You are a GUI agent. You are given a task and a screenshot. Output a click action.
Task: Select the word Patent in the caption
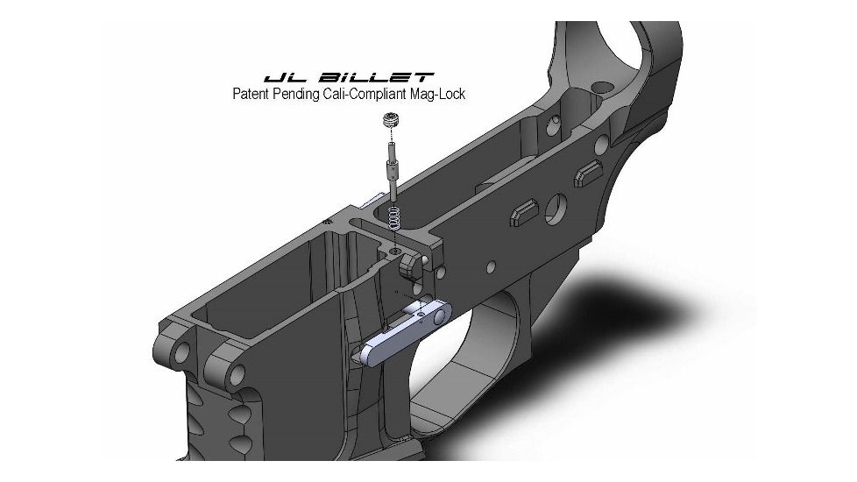(x=251, y=95)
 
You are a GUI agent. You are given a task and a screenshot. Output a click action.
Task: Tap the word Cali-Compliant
(x=377, y=95)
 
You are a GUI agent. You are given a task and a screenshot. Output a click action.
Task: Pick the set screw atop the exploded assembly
(x=390, y=124)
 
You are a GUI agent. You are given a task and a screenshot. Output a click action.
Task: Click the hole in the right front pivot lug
(x=235, y=376)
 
